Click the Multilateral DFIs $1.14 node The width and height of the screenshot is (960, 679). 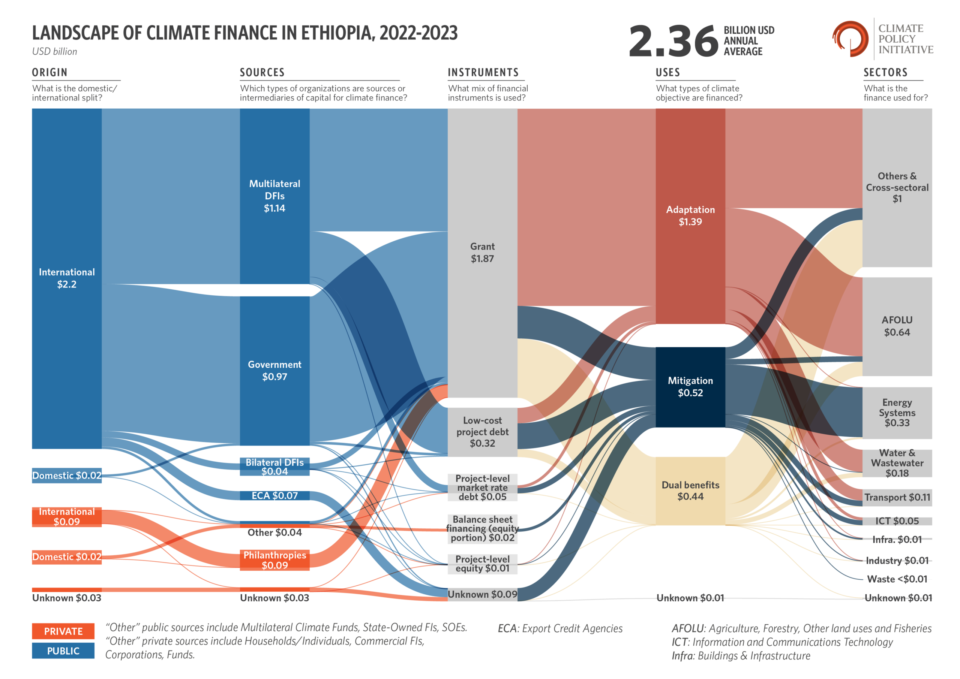point(274,196)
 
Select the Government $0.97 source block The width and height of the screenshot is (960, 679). point(274,371)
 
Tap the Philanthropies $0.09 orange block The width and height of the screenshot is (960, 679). point(274,560)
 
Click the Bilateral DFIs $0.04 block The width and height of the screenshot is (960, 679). point(274,467)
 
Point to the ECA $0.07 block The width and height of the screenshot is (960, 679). point(274,495)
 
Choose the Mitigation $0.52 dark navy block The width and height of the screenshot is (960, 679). point(690,387)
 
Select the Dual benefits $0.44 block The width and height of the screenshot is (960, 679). point(690,491)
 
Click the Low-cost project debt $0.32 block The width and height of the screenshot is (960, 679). point(482,432)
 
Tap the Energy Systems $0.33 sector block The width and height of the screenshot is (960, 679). point(897,413)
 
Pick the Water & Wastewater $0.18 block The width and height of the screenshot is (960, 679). point(897,463)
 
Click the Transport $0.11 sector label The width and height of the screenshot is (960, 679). point(897,497)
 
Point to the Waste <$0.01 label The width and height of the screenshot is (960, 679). point(897,579)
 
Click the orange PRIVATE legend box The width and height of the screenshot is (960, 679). point(63,631)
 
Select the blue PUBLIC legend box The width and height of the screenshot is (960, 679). point(63,651)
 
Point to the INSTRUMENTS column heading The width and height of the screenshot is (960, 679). point(483,72)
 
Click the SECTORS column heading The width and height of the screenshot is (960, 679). point(885,72)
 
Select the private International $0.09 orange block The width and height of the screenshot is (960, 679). point(67,517)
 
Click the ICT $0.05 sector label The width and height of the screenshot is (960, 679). point(897,521)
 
